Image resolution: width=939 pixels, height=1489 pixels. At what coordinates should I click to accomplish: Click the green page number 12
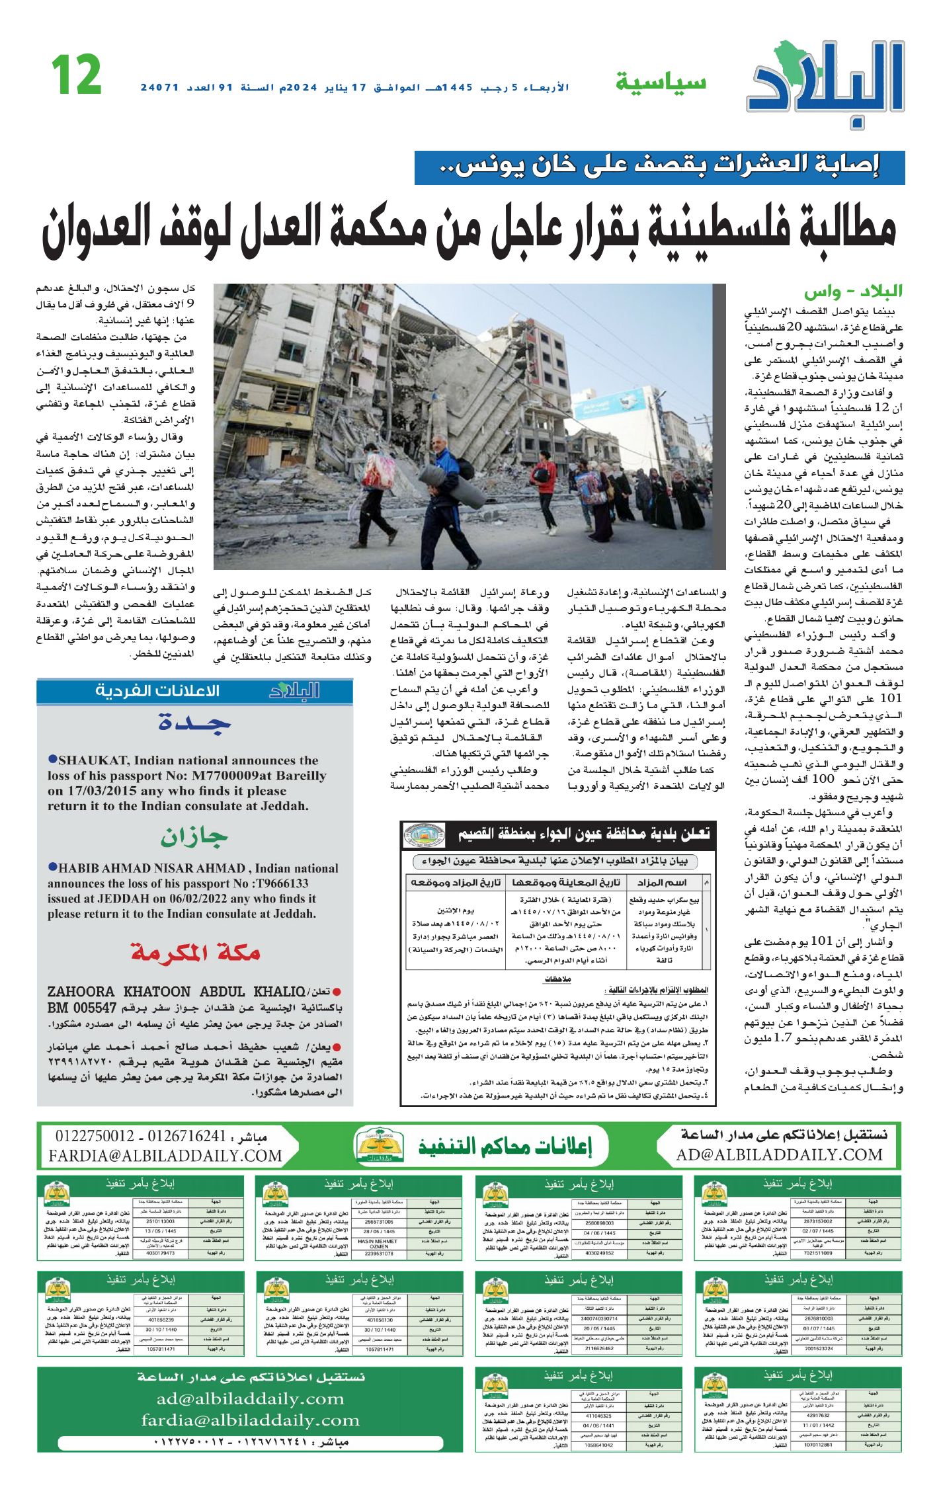[77, 75]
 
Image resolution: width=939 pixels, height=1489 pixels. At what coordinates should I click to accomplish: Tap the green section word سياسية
[661, 83]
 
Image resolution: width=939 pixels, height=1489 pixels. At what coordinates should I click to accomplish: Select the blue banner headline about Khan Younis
[659, 167]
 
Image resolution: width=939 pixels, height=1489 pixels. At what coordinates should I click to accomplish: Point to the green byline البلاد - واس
[853, 292]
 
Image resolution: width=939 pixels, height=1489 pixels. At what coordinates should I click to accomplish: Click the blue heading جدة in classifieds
[194, 723]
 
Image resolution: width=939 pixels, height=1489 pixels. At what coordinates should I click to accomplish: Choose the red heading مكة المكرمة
[195, 953]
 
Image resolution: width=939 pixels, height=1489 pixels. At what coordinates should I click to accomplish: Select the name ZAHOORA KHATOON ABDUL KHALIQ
[176, 992]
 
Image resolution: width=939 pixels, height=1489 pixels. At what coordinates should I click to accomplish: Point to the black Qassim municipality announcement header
[558, 835]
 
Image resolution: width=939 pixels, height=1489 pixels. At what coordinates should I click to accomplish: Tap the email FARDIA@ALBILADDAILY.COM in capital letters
[165, 1156]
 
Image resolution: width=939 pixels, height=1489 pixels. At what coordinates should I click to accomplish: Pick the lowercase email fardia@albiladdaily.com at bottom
[250, 1420]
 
